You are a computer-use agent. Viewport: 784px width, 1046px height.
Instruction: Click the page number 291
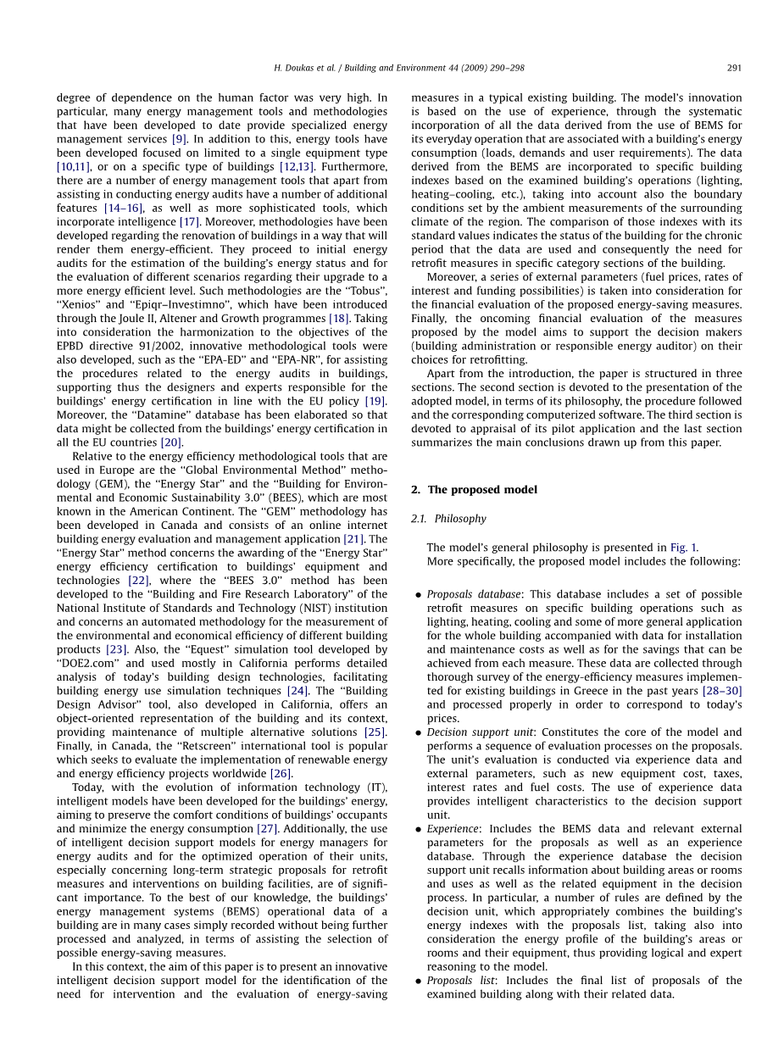[735, 68]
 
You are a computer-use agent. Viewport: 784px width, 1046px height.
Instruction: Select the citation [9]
[179, 139]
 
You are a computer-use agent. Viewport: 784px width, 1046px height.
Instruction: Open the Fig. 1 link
[684, 548]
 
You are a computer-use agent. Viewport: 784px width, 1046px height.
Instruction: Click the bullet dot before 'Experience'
[419, 830]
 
